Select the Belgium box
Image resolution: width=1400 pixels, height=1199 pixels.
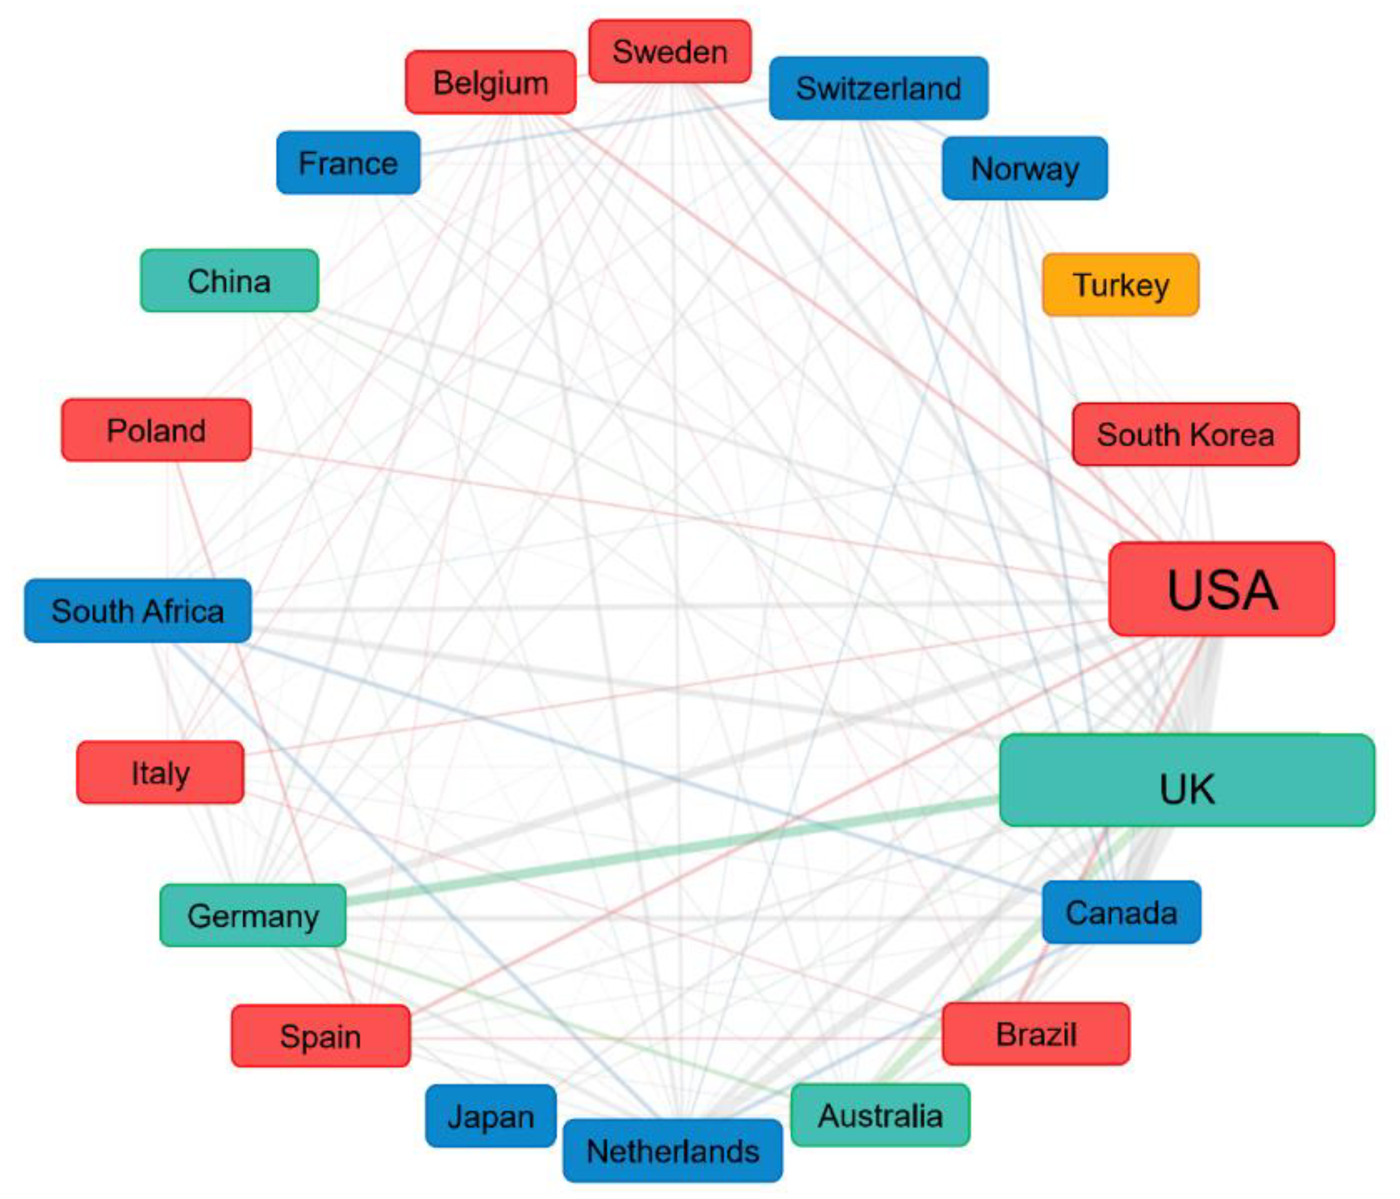click(490, 82)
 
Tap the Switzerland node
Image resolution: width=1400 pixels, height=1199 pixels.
click(878, 88)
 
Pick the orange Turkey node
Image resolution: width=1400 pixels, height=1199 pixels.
click(1120, 284)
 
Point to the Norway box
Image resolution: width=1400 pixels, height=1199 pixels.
click(1024, 168)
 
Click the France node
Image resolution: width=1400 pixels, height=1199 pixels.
click(348, 163)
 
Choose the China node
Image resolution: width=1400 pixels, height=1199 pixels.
click(229, 281)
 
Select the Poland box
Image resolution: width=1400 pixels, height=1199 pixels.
click(156, 430)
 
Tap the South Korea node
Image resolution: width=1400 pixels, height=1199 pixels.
click(1185, 434)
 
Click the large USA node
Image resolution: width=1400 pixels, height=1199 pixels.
click(1222, 588)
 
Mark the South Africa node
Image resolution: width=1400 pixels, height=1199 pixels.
click(138, 611)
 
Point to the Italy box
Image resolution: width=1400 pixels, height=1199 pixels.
click(160, 772)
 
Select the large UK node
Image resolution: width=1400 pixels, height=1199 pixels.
click(1187, 780)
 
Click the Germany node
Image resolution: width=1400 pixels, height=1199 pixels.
click(253, 915)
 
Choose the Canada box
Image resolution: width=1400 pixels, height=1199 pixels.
click(1121, 912)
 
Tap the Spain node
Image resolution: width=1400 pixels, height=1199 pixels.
click(320, 1035)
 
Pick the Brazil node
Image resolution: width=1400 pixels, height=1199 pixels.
click(1036, 1034)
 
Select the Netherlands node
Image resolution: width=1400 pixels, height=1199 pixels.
click(672, 1151)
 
